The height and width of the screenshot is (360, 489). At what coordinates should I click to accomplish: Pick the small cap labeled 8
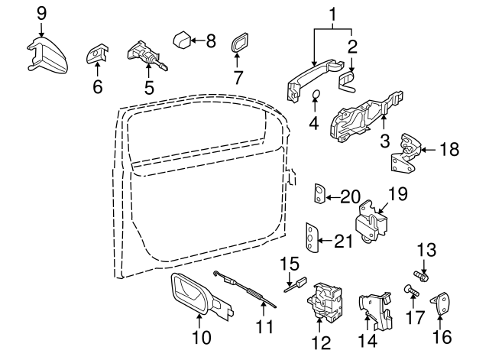point(183,38)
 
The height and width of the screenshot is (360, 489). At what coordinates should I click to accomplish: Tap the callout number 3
point(385,141)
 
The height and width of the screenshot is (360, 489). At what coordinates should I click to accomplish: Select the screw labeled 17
point(410,290)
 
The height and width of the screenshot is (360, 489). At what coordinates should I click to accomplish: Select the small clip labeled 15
point(296,286)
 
